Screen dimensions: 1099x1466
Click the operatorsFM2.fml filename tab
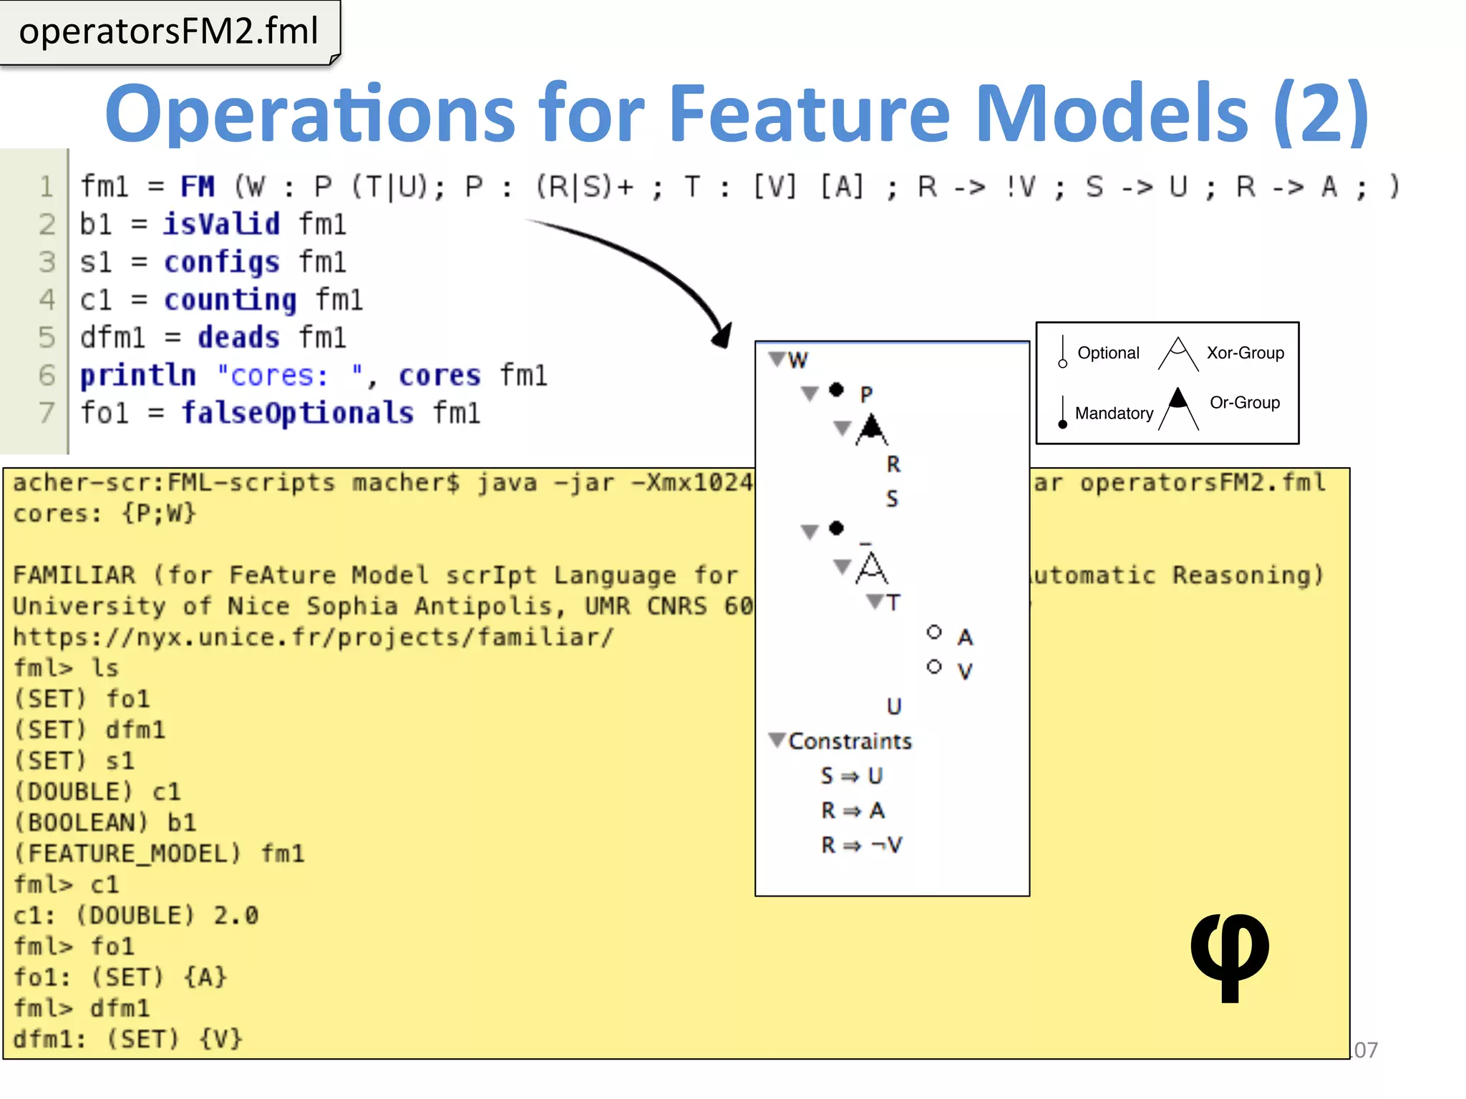tap(169, 32)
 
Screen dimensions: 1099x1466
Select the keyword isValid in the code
tap(221, 225)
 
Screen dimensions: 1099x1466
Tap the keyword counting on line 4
tap(230, 300)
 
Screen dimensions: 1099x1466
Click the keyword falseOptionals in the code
tap(297, 413)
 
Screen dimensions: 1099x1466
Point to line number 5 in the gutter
tap(47, 337)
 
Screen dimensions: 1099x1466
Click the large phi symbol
tap(1229, 956)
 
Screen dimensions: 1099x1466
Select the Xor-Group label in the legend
tap(1245, 353)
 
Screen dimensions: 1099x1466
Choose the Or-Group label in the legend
tap(1244, 403)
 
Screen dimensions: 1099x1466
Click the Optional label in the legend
tap(1108, 353)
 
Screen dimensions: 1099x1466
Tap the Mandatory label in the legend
tap(1114, 414)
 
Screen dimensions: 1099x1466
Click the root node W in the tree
tap(797, 360)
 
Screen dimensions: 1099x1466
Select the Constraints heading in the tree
tap(850, 741)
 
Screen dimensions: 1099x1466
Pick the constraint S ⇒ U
tap(851, 776)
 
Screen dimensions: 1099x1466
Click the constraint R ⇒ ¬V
tap(861, 845)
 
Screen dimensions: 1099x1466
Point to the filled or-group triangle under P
tap(871, 429)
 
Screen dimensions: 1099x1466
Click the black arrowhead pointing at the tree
tap(722, 335)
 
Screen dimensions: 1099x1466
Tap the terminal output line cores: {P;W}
tap(105, 514)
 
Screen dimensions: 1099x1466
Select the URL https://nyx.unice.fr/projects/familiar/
tap(313, 637)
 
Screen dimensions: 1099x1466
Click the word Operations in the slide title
tap(309, 114)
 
